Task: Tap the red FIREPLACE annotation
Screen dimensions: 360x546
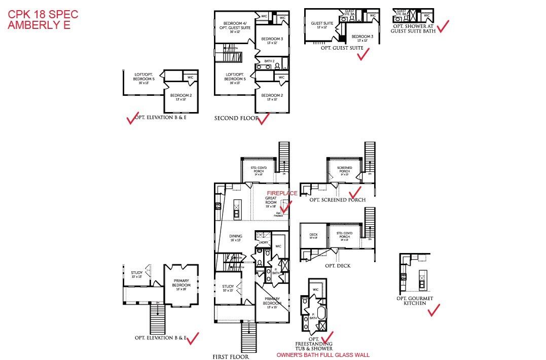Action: click(x=282, y=193)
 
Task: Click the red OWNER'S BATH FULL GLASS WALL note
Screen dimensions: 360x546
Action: click(x=323, y=355)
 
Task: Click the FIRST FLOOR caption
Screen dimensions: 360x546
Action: click(x=231, y=357)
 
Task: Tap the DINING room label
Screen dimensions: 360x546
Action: click(x=236, y=237)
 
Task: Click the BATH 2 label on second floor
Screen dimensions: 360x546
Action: click(x=269, y=61)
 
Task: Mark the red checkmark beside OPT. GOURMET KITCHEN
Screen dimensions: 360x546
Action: click(x=433, y=310)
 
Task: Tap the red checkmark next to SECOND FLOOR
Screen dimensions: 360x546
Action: click(x=264, y=119)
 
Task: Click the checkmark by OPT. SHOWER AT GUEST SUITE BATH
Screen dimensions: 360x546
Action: click(x=443, y=25)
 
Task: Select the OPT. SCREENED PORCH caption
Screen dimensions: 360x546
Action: click(x=337, y=200)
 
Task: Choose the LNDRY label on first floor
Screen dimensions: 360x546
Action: click(x=263, y=242)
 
